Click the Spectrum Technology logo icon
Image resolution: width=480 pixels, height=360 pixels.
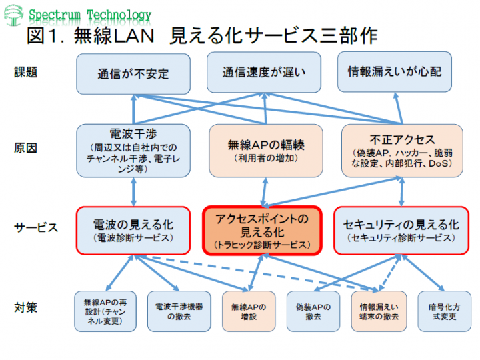pyautogui.click(x=14, y=15)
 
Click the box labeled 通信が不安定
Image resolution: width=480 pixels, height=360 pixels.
pyautogui.click(x=133, y=73)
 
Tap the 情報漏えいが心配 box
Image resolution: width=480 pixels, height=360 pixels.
pyautogui.click(x=395, y=72)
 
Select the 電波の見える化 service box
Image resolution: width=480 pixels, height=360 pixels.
pyautogui.click(x=132, y=230)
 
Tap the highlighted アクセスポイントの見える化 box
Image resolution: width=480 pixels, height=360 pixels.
pyautogui.click(x=262, y=230)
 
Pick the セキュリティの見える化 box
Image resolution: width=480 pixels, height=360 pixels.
pyautogui.click(x=401, y=230)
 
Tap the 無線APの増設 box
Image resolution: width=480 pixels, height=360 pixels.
pyautogui.click(x=248, y=311)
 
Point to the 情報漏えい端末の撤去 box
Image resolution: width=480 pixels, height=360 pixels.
pyautogui.click(x=378, y=311)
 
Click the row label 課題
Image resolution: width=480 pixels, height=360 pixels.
pyautogui.click(x=27, y=72)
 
